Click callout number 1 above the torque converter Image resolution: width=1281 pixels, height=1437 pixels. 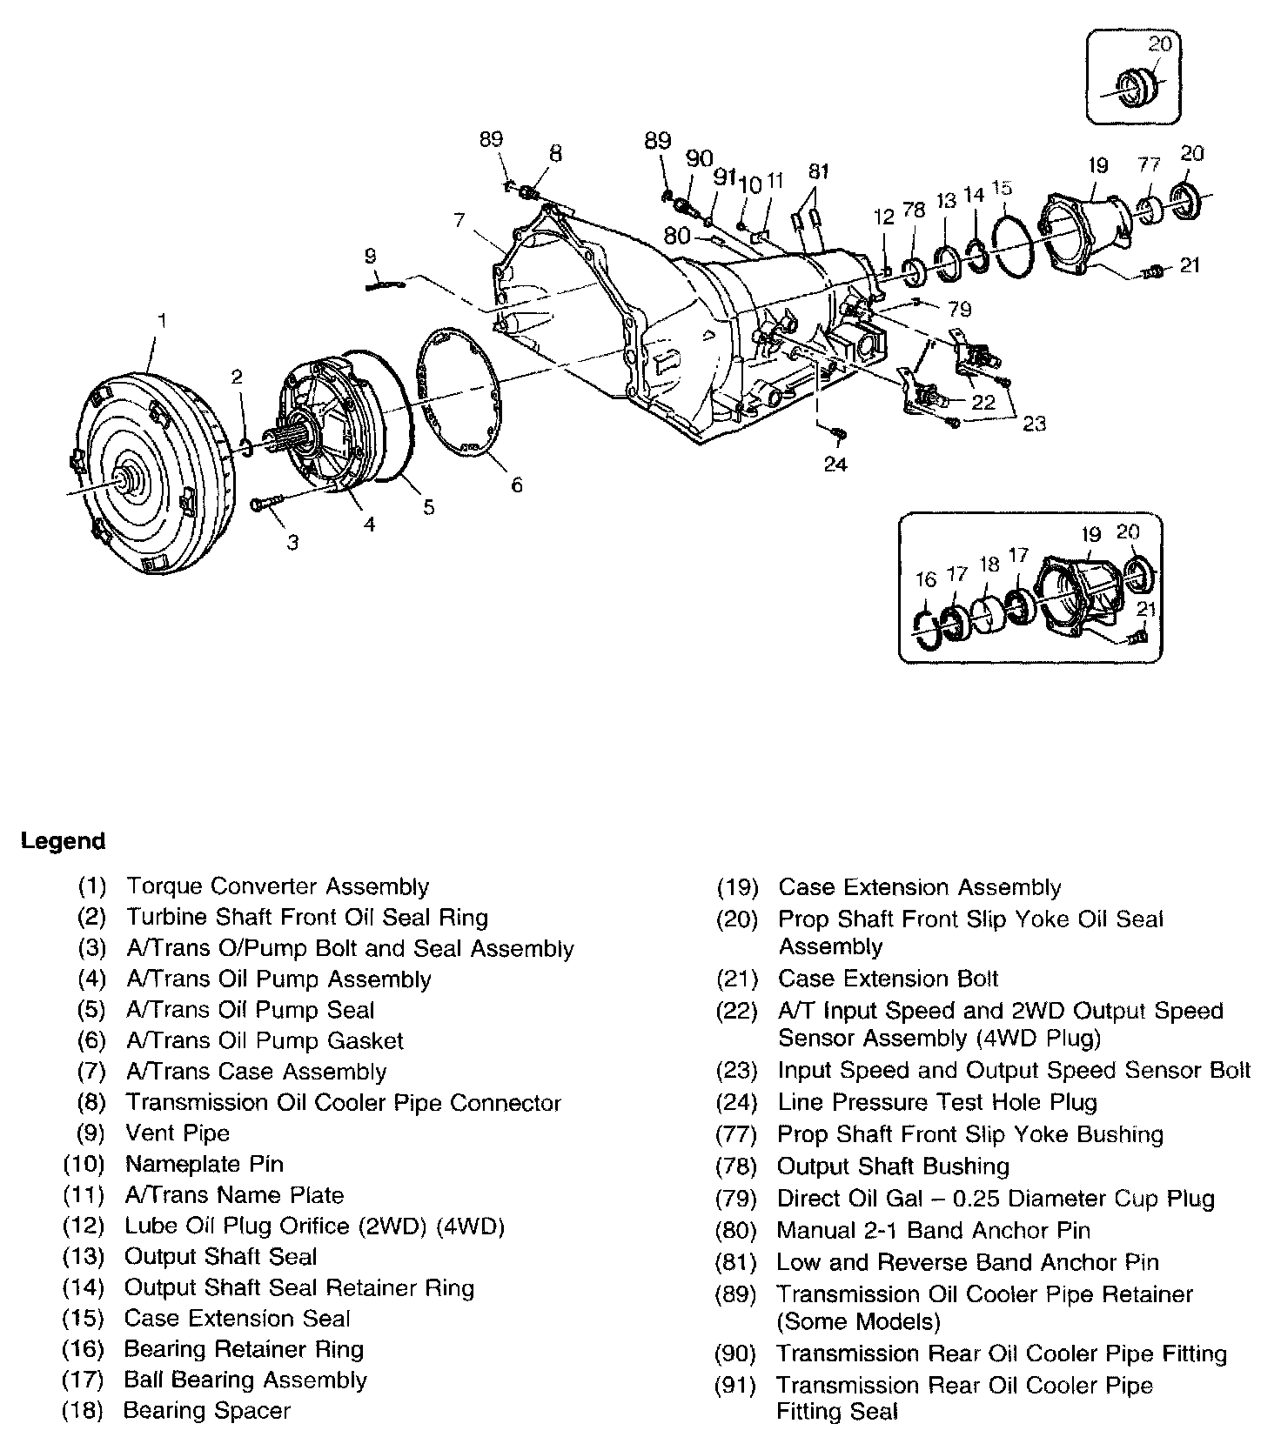(x=161, y=321)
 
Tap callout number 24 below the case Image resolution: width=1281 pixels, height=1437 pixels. (x=835, y=465)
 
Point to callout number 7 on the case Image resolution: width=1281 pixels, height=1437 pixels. (x=459, y=220)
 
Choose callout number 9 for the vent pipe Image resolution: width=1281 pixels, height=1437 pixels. (x=371, y=256)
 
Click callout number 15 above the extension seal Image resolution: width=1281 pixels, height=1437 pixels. (x=1002, y=188)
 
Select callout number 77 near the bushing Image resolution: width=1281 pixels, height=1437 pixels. (x=1149, y=164)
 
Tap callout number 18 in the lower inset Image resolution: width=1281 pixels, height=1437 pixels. (x=989, y=565)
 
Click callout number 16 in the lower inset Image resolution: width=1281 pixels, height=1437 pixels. (x=925, y=579)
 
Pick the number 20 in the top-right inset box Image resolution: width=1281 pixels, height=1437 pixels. (x=1159, y=43)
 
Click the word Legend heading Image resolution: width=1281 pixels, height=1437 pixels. (x=63, y=841)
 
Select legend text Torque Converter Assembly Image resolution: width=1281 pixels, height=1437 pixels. (x=278, y=886)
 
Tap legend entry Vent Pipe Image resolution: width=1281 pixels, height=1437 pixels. (x=178, y=1133)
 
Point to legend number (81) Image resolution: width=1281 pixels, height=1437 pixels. (x=735, y=1262)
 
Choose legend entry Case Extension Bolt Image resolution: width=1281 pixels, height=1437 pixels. (x=888, y=979)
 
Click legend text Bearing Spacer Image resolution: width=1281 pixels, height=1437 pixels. (x=207, y=1411)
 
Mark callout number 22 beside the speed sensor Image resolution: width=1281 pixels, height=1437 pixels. (x=983, y=402)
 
